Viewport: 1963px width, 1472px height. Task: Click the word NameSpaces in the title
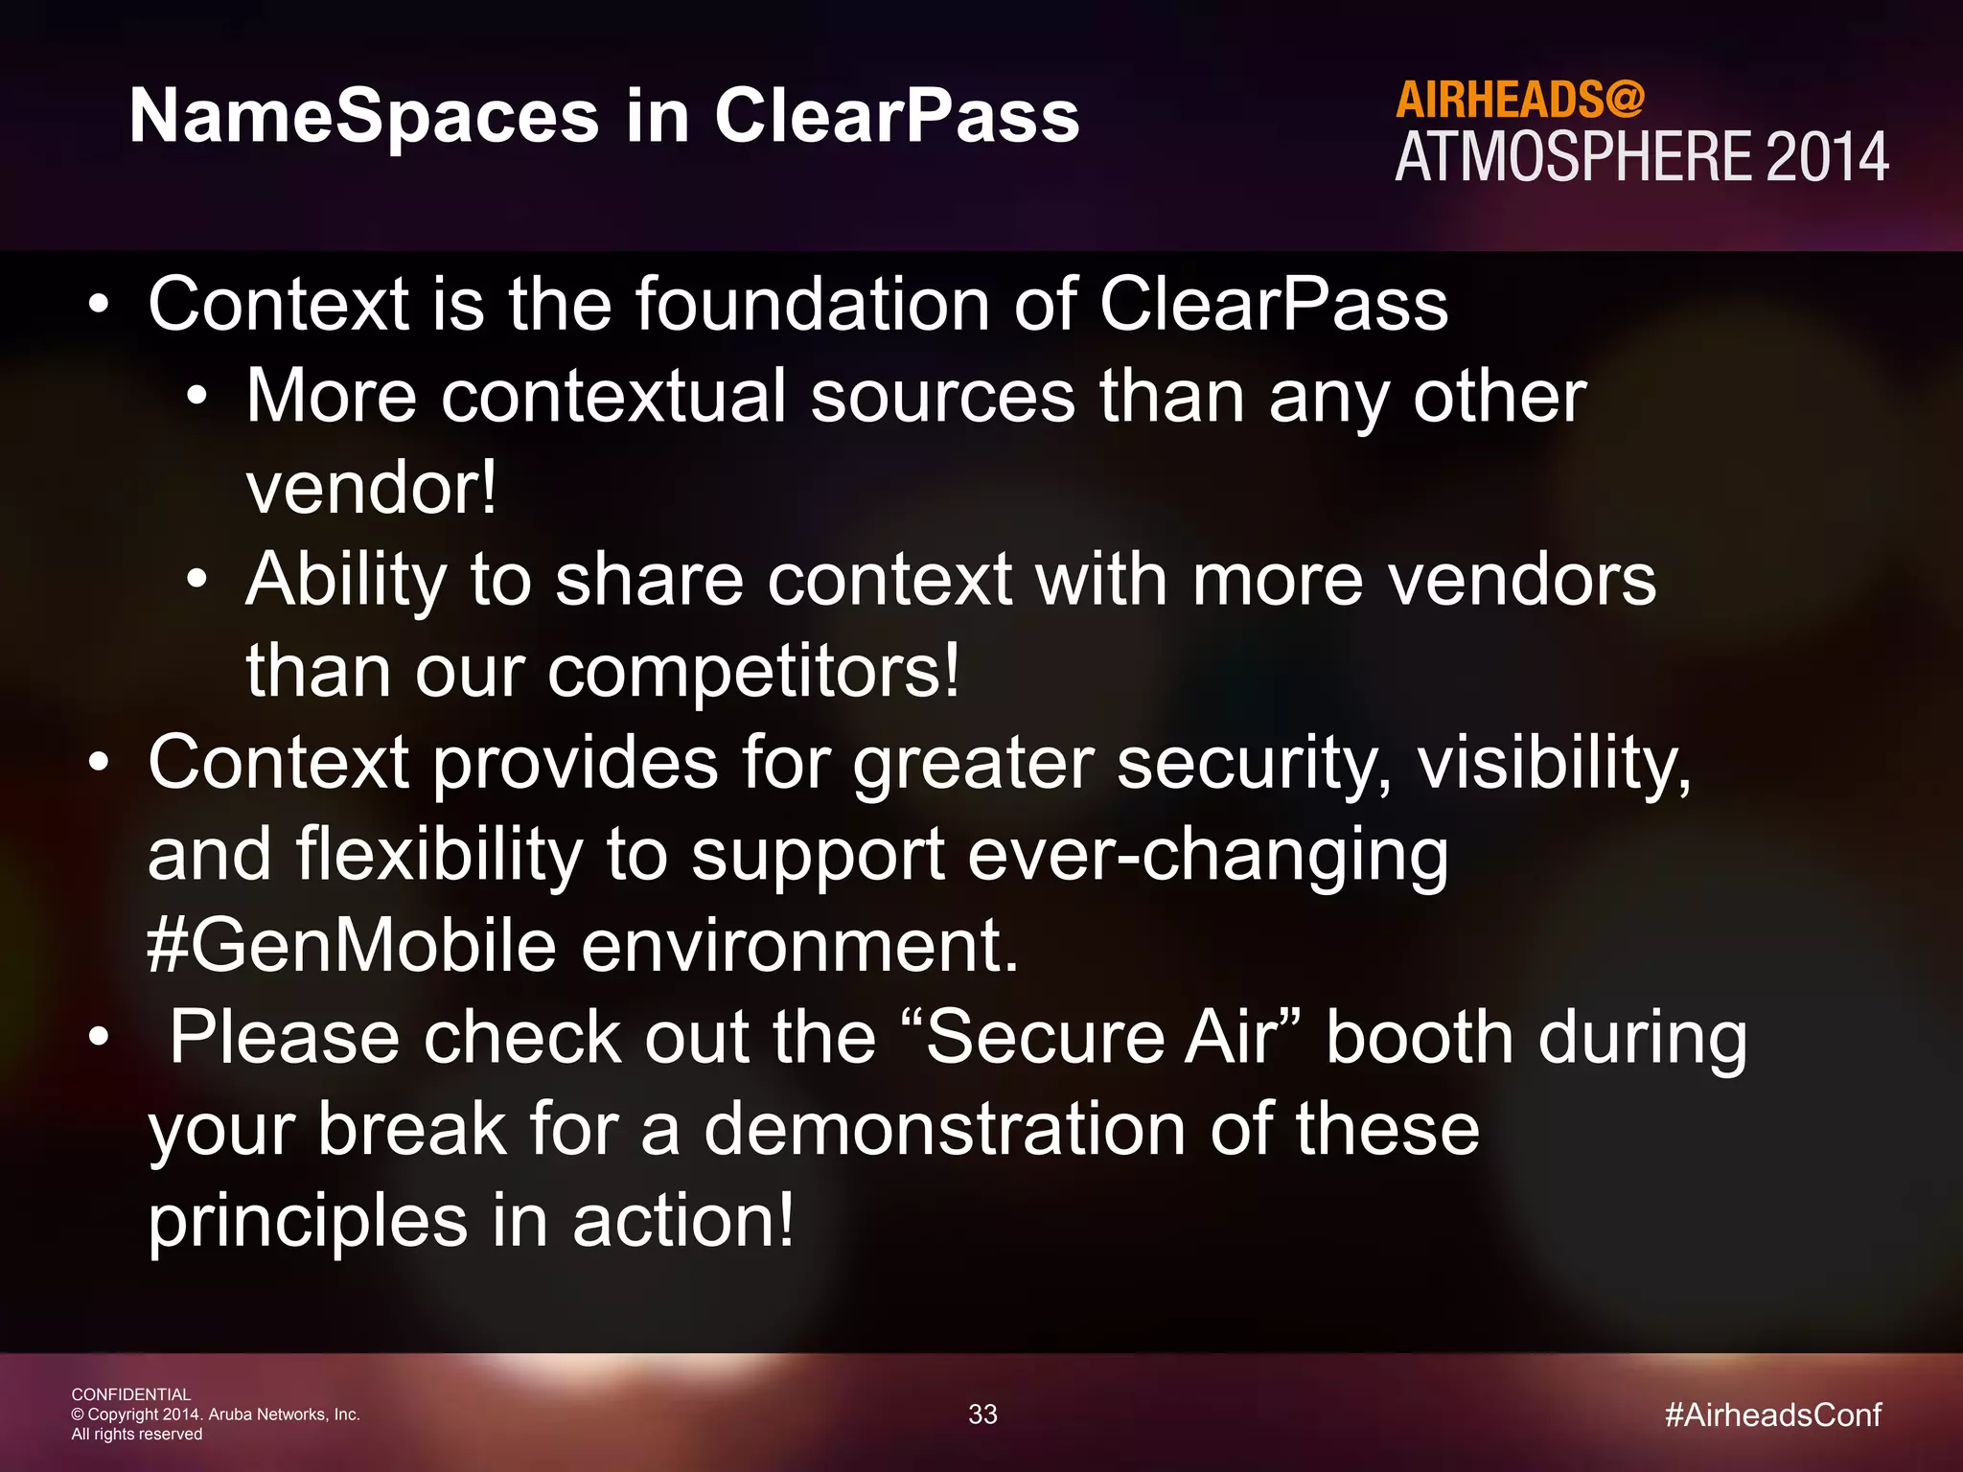pos(364,117)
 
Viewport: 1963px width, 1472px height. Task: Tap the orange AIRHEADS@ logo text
pos(1519,100)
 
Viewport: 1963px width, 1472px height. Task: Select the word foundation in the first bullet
pos(813,305)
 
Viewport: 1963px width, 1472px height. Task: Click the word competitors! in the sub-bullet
pos(753,671)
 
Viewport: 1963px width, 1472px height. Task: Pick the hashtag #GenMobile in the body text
pos(352,945)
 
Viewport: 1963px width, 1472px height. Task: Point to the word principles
pos(308,1222)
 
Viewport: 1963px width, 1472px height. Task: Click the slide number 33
pos(982,1414)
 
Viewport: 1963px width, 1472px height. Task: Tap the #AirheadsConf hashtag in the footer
pos(1773,1414)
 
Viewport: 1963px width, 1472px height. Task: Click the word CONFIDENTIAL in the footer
pos(131,1394)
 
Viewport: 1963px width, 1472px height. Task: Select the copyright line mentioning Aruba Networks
pos(216,1414)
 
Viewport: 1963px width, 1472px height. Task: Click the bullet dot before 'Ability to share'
pos(196,579)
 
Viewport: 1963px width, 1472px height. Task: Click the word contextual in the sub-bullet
pos(613,397)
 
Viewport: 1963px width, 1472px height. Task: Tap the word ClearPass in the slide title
pos(896,117)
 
